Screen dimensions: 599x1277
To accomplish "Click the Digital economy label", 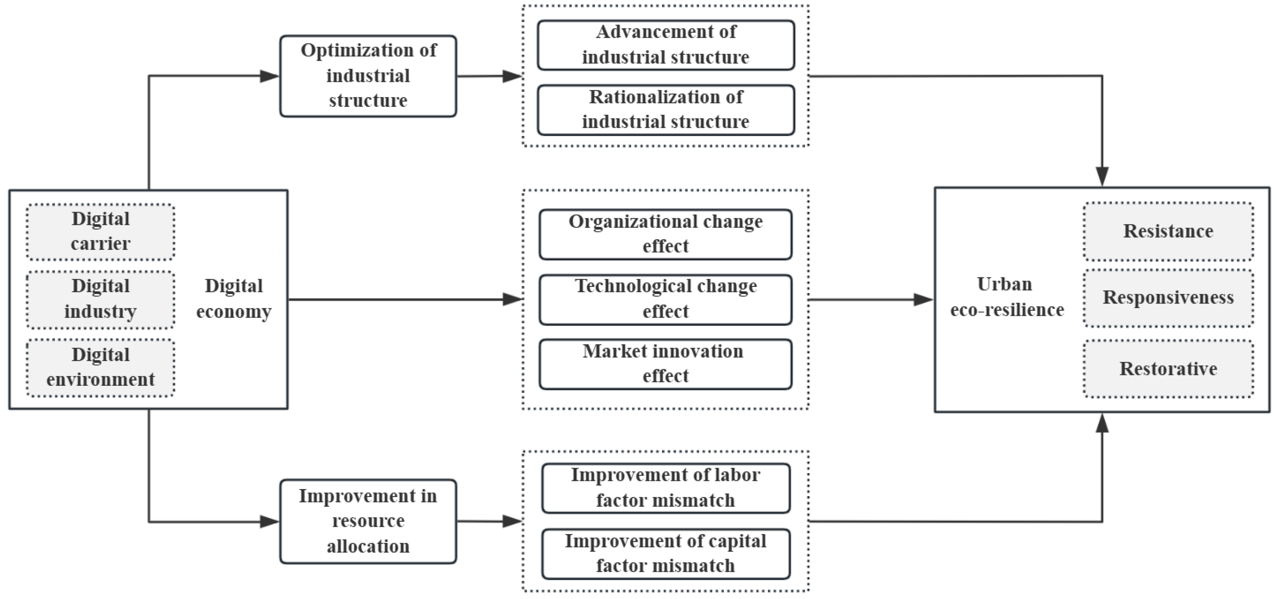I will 233,299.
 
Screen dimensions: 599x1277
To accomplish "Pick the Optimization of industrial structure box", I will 368,76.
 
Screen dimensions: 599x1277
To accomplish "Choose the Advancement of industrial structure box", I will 666,45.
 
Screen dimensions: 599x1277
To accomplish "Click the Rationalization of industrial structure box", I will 666,110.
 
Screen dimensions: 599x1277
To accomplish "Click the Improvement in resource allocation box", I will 368,521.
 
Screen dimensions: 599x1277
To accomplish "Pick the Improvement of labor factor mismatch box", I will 666,488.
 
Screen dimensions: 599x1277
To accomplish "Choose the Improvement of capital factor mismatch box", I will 666,553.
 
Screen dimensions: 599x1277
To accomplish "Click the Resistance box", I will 1168,231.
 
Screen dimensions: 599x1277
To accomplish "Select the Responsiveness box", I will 1168,298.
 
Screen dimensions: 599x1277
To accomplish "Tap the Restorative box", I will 1168,369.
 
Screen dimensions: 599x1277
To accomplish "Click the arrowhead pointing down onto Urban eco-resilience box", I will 1102,177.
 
